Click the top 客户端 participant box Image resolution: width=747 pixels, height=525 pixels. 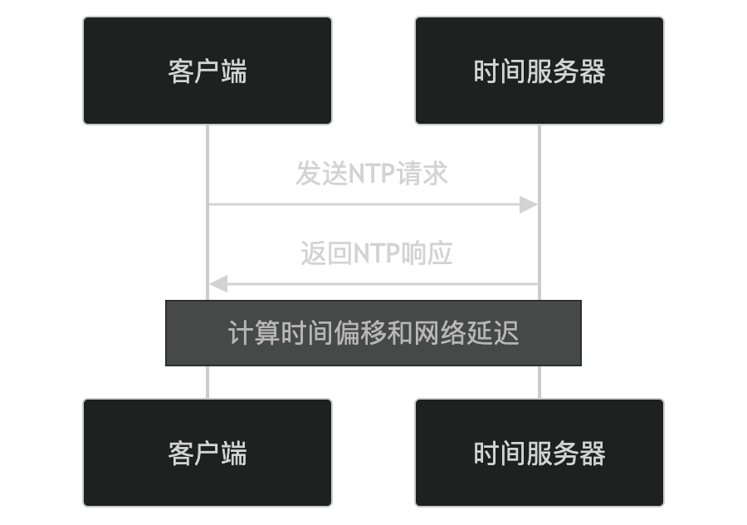click(x=207, y=71)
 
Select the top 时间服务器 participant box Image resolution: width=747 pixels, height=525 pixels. click(x=539, y=71)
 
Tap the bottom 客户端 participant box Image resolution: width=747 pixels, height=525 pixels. click(x=207, y=453)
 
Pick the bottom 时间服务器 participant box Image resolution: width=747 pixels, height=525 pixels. click(x=539, y=453)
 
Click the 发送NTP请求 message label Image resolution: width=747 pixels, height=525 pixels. click(x=372, y=174)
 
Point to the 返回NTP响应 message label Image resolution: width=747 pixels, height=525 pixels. click(x=376, y=253)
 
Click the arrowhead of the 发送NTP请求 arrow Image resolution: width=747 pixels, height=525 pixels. click(x=530, y=204)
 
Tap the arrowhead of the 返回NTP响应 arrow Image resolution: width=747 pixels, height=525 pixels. click(x=217, y=284)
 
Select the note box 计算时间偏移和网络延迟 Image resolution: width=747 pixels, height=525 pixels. click(x=373, y=332)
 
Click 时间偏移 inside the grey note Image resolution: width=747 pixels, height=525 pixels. click(x=320, y=332)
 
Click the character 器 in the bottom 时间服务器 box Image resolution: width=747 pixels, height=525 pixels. click(x=593, y=453)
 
